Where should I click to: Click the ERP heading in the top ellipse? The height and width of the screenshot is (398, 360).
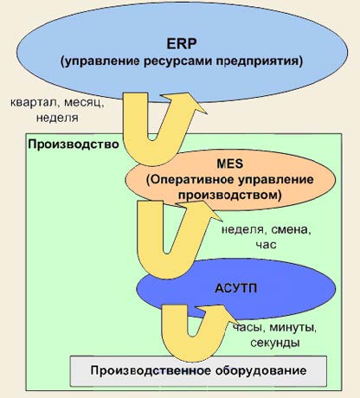coord(182,44)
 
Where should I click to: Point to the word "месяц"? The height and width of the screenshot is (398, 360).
coord(84,103)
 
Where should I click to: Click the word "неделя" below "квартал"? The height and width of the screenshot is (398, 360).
coord(57,118)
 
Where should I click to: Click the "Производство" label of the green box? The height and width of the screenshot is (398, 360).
coord(74,144)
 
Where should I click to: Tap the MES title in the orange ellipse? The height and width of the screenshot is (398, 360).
coord(230,164)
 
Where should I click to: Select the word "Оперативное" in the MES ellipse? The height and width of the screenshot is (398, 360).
coord(190,180)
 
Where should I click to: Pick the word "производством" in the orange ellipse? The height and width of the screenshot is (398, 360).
coord(229,196)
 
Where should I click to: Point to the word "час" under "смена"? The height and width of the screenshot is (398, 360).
coord(266,245)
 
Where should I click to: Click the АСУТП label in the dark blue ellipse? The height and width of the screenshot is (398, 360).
coord(236,289)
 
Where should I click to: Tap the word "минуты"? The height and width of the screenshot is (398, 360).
coord(293,328)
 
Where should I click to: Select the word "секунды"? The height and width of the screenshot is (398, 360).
coord(275,343)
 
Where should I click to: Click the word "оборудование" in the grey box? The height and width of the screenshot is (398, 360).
coord(261,370)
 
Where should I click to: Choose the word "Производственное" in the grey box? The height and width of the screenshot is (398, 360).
coord(151,370)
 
